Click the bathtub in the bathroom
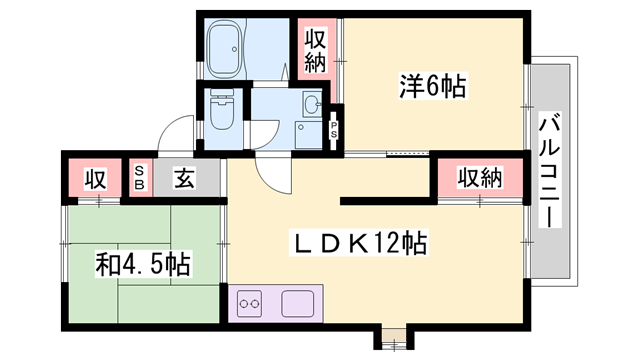pos(225,49)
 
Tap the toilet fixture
pos(222,109)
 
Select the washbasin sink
pos(312,104)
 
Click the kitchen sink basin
pos(298,304)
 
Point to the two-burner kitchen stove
pos(249,304)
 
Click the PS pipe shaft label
pos(334,129)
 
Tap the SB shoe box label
pos(139,178)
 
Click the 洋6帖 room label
pos(433,86)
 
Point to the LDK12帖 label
pos(359,243)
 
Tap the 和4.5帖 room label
pos(143,264)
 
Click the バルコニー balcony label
pos(549,170)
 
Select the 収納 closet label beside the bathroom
pos(316,51)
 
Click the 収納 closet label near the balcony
pos(480,178)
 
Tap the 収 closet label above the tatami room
pos(96,179)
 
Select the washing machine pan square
pos(309,135)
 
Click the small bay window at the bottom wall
pos(394,337)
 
